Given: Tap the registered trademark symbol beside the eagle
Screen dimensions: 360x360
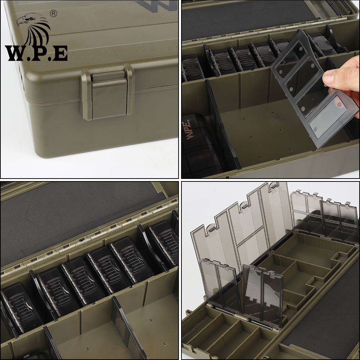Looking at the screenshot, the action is (54, 14).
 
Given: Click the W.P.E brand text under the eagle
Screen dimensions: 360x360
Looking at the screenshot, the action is (36, 53).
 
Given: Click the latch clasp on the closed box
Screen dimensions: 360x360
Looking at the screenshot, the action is (107, 92).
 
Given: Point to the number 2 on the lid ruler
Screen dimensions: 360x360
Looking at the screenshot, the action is (106, 50).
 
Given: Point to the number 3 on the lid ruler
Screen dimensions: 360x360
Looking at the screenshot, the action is (141, 46).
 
